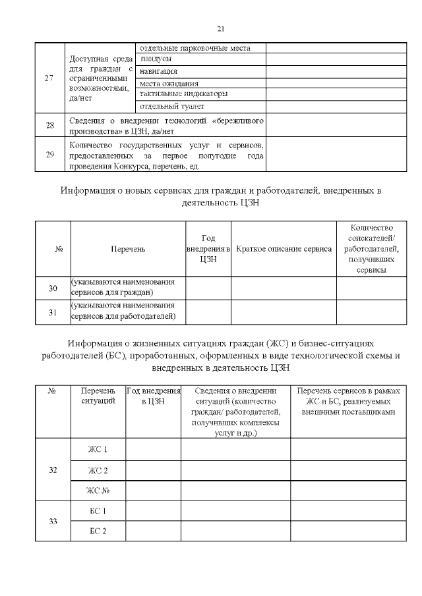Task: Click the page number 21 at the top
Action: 221,28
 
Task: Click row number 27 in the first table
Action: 49,78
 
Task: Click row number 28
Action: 49,124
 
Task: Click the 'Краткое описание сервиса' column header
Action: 284,249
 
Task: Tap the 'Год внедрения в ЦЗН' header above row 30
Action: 208,249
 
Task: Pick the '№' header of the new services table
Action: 57,249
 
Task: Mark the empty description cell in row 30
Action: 284,288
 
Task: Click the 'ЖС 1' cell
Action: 98,450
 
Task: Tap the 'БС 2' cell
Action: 98,531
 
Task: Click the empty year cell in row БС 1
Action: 153,511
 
